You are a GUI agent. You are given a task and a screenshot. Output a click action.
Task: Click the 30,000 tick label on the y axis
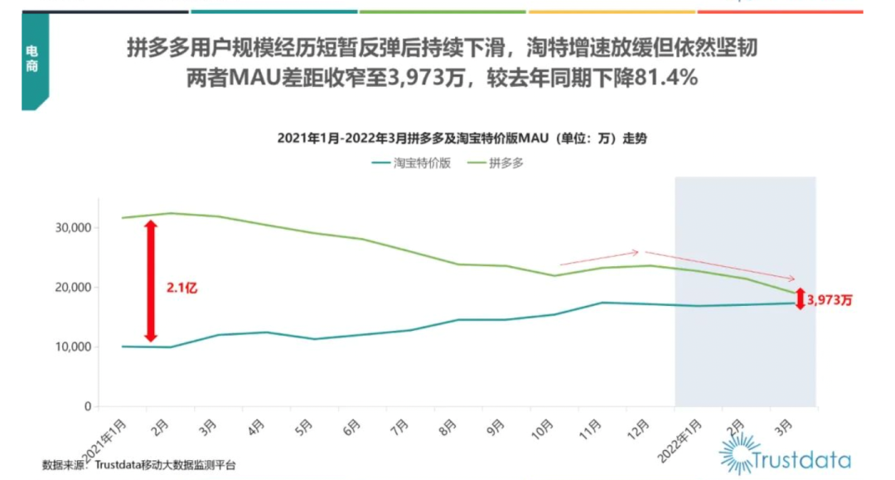pyautogui.click(x=72, y=228)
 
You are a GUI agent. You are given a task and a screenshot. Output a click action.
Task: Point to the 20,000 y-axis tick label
pyautogui.click(x=72, y=288)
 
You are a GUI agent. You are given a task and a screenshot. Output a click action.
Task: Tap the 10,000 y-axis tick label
pyautogui.click(x=72, y=347)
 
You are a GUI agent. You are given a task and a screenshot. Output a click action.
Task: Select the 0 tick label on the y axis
pyautogui.click(x=86, y=407)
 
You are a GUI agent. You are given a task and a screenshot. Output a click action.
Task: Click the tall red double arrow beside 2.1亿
pyautogui.click(x=151, y=281)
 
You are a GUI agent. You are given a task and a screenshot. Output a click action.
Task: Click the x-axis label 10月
pyautogui.click(x=544, y=427)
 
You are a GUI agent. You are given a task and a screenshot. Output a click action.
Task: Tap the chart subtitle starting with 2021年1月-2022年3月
pyautogui.click(x=462, y=138)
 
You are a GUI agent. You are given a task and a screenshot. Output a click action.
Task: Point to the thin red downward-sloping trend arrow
pyautogui.click(x=719, y=265)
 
